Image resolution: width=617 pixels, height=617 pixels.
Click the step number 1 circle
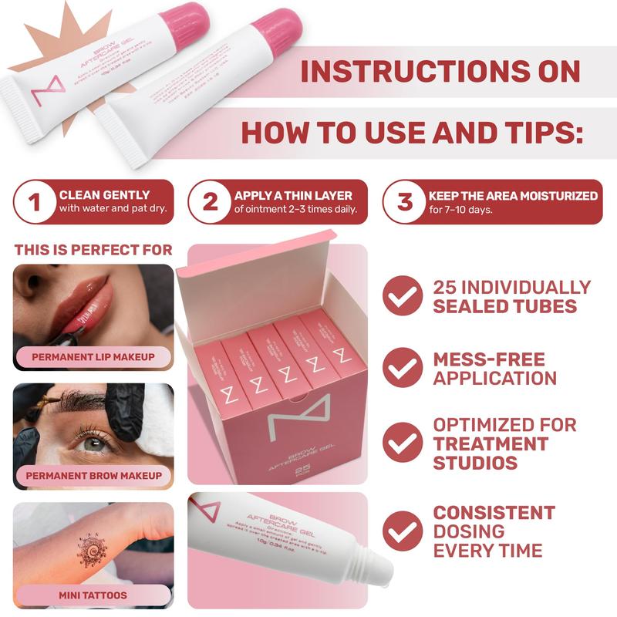[34, 202]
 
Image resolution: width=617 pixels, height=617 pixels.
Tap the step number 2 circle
[210, 202]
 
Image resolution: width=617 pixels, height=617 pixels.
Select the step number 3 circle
[405, 202]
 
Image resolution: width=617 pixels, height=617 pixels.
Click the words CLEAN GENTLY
[105, 195]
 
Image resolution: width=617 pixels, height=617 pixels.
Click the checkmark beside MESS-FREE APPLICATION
[403, 369]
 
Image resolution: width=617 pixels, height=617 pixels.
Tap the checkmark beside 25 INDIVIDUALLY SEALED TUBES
[403, 297]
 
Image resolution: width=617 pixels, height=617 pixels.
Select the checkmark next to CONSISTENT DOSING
[403, 531]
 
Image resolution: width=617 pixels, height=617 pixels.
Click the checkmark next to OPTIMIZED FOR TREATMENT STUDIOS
[403, 443]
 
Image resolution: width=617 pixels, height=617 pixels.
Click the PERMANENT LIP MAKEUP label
[93, 357]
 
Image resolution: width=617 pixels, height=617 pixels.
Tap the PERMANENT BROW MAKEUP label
[93, 476]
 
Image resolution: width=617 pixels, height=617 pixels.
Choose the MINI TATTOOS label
[93, 595]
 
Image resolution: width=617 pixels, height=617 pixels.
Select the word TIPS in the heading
[531, 133]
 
